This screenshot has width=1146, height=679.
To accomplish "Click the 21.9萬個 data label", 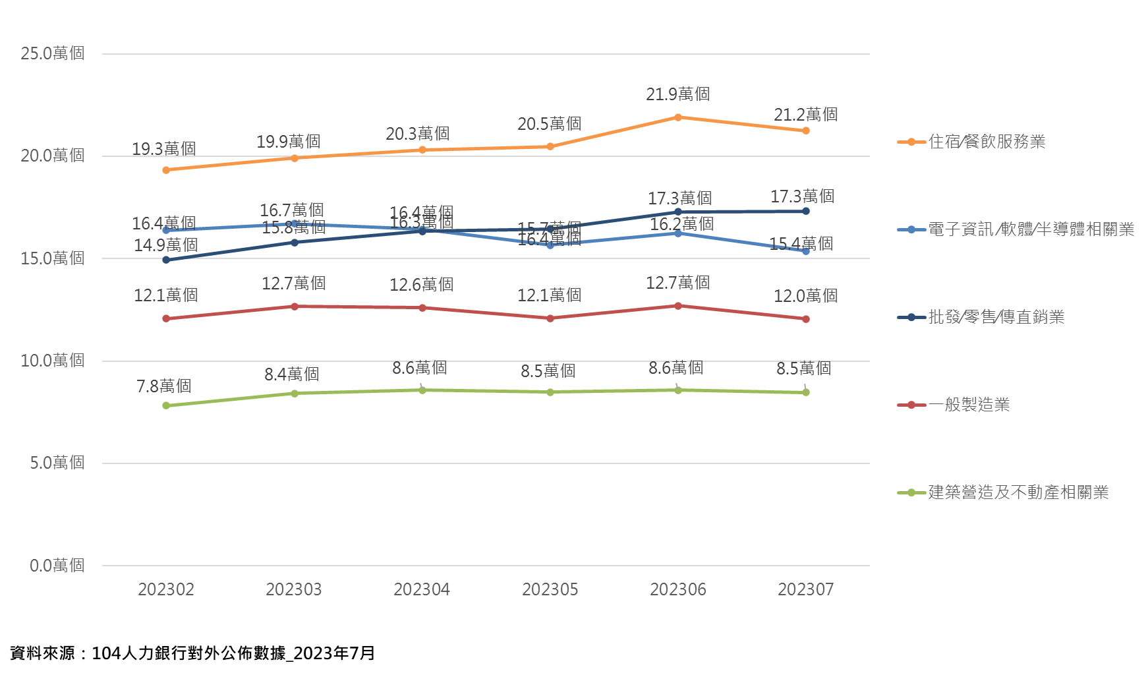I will pyautogui.click(x=677, y=94).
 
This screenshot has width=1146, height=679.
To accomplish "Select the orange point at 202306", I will pyautogui.click(x=677, y=117).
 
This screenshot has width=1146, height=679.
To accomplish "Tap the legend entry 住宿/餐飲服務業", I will pyautogui.click(x=986, y=142).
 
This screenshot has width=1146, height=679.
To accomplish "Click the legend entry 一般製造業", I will pyautogui.click(x=969, y=405).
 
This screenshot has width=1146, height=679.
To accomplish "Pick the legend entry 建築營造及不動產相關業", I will pyautogui.click(x=1017, y=492).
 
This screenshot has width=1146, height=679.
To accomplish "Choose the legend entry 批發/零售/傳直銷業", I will pyautogui.click(x=996, y=317).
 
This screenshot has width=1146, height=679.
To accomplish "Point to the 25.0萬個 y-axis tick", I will pyautogui.click(x=52, y=53).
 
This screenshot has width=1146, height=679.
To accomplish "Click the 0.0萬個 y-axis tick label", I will pyautogui.click(x=57, y=566).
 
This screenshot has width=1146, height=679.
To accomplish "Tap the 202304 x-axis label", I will pyautogui.click(x=422, y=589).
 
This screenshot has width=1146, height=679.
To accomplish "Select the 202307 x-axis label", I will pyautogui.click(x=805, y=589).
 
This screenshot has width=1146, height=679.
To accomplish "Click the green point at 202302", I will pyautogui.click(x=166, y=405).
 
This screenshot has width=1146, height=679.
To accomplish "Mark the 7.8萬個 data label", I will pyautogui.click(x=163, y=386).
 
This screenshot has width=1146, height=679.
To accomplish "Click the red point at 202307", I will pyautogui.click(x=805, y=319).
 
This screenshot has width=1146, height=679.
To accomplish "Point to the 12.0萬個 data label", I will pyautogui.click(x=805, y=296).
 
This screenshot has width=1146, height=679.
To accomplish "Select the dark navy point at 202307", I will pyautogui.click(x=805, y=211).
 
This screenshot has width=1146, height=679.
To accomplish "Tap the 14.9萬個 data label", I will pyautogui.click(x=165, y=245).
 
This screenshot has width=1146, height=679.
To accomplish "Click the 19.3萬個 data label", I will pyautogui.click(x=163, y=149).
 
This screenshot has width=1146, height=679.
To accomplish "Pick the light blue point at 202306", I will pyautogui.click(x=677, y=233).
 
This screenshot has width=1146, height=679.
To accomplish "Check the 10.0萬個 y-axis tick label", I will pyautogui.click(x=52, y=361).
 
